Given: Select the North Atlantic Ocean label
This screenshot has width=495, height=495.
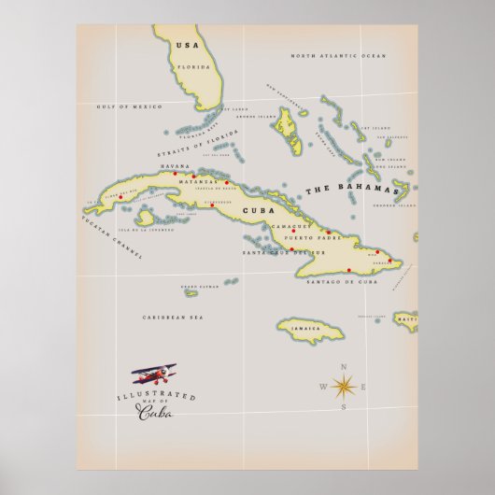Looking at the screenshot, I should [x=337, y=56].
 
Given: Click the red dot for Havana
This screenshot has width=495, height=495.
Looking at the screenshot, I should [x=175, y=173].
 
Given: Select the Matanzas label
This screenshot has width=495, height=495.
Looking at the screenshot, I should [x=212, y=181].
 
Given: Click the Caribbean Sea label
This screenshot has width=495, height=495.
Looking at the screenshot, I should [x=173, y=318].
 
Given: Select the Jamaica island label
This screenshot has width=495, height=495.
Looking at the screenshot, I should [x=307, y=329].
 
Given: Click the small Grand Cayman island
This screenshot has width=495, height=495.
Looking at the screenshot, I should [x=191, y=293].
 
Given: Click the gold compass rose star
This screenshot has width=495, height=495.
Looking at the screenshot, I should [x=342, y=386].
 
